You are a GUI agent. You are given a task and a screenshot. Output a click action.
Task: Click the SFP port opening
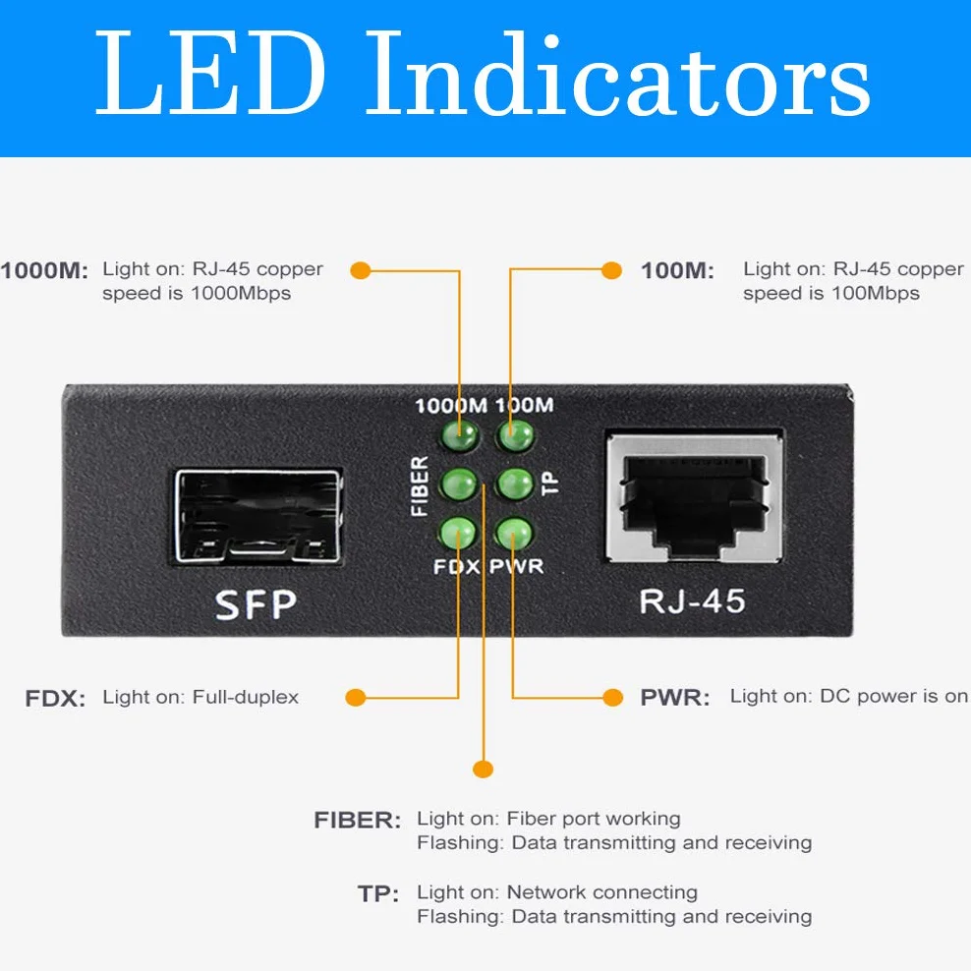coord(257,517)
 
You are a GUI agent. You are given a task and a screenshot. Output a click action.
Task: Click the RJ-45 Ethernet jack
coord(695,498)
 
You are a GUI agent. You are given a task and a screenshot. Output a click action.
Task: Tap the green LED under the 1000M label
coord(460,436)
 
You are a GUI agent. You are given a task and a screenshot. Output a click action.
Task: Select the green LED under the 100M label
coord(515,436)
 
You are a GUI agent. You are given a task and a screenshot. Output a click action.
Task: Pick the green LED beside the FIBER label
coord(459,484)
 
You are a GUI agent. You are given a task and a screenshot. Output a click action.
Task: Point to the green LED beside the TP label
coord(515,484)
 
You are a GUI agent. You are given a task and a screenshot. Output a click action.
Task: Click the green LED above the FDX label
coord(458,534)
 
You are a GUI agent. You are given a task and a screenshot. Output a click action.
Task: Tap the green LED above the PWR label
coord(514,534)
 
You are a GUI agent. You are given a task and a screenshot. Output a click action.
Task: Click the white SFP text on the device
coord(256,605)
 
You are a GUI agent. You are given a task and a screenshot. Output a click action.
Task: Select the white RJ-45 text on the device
coord(692,601)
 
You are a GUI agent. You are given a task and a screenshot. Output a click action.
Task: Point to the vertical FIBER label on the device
coord(420,486)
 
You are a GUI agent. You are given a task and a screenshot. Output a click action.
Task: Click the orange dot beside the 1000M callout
coord(361,270)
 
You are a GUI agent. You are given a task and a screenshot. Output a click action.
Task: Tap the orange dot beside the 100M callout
coord(612,270)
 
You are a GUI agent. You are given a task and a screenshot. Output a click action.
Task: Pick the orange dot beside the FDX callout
coord(356,697)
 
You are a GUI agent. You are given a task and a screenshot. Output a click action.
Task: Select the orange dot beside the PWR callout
coord(612,697)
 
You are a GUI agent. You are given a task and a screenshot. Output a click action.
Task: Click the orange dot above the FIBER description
coord(483,770)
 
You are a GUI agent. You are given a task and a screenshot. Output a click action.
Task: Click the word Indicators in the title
coord(618,74)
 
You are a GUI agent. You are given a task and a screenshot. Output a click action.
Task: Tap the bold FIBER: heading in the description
coord(358,820)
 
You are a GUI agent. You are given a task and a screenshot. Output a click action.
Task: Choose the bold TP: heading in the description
coord(378,893)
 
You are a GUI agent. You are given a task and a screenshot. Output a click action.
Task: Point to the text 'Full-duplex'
coord(246,697)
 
